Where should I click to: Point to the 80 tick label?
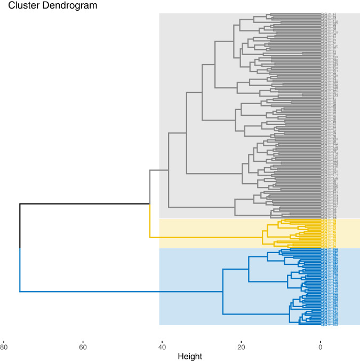click(x=4, y=346)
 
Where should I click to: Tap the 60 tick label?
click(x=83, y=346)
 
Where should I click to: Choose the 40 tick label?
click(x=162, y=346)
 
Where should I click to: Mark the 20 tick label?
click(x=241, y=346)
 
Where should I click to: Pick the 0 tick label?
click(x=321, y=346)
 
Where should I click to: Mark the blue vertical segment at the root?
click(x=20, y=270)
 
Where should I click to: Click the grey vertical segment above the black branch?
click(x=149, y=187)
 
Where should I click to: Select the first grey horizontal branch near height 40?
click(x=159, y=170)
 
